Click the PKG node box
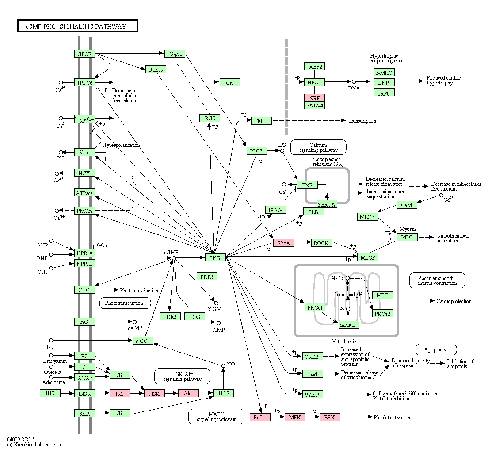point(215,258)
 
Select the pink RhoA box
point(283,243)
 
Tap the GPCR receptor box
point(84,54)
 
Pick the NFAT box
point(314,82)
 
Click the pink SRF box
point(314,98)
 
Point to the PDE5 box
point(207,276)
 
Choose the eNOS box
point(223,393)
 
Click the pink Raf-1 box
point(260,417)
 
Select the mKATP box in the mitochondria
point(349,325)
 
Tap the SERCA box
point(327,204)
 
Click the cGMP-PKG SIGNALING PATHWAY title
point(77,26)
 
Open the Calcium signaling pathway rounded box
point(318,147)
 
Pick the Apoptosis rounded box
point(436,349)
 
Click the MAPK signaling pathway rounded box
point(216,417)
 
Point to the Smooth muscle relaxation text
point(453,238)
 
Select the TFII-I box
point(261,121)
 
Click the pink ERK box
point(330,417)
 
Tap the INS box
point(50,393)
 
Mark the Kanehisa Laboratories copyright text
point(34,444)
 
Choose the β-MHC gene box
point(384,73)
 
